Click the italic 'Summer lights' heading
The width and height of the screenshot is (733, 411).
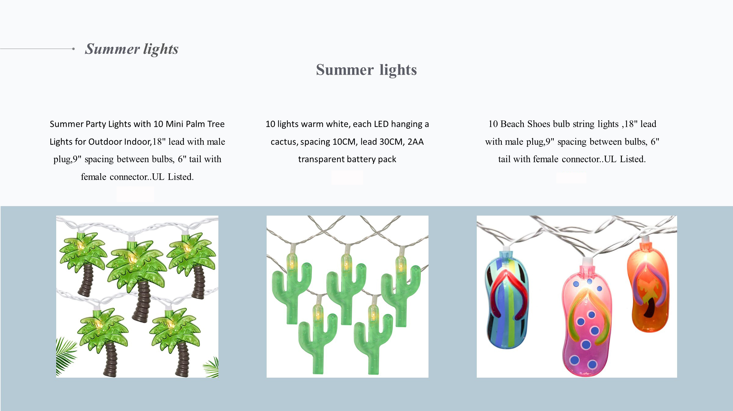[x=132, y=49]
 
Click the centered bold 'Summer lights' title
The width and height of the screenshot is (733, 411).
[x=366, y=70]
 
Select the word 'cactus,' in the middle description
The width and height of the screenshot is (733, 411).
[x=284, y=142]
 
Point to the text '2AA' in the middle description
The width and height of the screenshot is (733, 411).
[x=415, y=142]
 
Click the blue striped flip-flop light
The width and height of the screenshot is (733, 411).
[x=507, y=300]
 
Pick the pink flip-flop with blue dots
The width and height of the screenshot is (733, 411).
[x=586, y=321]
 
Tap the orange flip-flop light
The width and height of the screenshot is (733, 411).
[x=648, y=291]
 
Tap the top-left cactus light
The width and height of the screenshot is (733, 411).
[x=291, y=289]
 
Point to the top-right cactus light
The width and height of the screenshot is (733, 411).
[x=401, y=291]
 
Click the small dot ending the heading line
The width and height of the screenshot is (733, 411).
[x=73, y=49]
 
